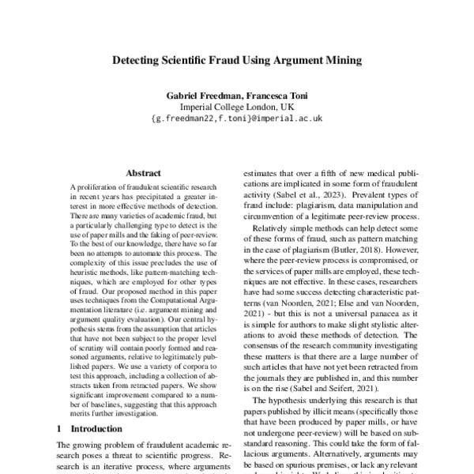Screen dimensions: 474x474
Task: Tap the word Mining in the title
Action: point(342,59)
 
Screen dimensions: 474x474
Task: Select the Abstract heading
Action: point(142,173)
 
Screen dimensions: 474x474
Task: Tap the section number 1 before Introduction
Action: point(59,428)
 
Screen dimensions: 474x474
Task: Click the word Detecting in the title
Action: point(137,59)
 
